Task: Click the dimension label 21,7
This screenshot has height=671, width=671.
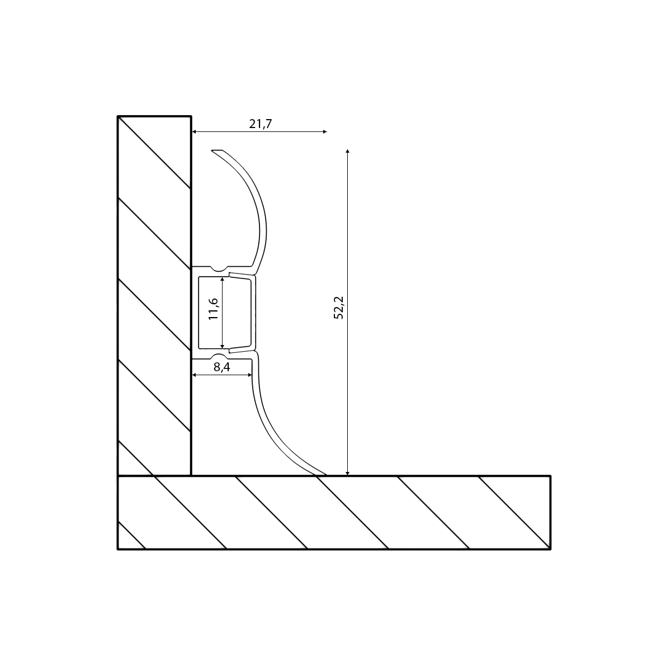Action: pyautogui.click(x=261, y=124)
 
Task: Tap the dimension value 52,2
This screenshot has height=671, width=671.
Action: pyautogui.click(x=339, y=308)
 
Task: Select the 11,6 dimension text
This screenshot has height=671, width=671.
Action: pyautogui.click(x=213, y=309)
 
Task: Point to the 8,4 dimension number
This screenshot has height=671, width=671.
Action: pyautogui.click(x=222, y=367)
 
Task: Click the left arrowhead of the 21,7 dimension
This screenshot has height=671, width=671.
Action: pyautogui.click(x=194, y=131)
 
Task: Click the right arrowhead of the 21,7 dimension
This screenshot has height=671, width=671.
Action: pyautogui.click(x=325, y=131)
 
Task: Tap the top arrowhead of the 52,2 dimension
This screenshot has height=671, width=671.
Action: pyautogui.click(x=347, y=151)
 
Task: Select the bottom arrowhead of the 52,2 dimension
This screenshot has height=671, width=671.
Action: pyautogui.click(x=347, y=473)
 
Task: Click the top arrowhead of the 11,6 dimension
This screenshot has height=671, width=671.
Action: pyautogui.click(x=223, y=279)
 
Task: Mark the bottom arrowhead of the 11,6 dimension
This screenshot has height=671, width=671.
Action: pyautogui.click(x=223, y=347)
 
